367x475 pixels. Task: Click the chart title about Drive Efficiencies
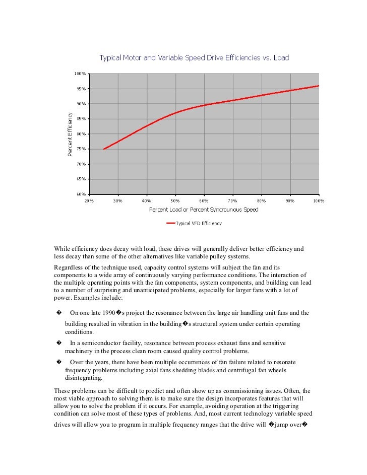[194, 58]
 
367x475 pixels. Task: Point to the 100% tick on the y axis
[80, 74]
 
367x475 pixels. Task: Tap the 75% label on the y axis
[81, 149]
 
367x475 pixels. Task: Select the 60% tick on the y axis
[81, 194]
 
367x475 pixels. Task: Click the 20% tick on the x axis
[89, 200]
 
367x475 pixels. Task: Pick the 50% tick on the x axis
[175, 200]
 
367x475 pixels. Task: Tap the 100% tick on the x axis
[318, 200]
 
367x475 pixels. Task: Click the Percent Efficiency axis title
[70, 133]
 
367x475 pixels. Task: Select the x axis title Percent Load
[204, 210]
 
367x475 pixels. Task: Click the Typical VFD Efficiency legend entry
[198, 223]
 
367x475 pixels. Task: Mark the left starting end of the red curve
[104, 149]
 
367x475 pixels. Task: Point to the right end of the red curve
[319, 86]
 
